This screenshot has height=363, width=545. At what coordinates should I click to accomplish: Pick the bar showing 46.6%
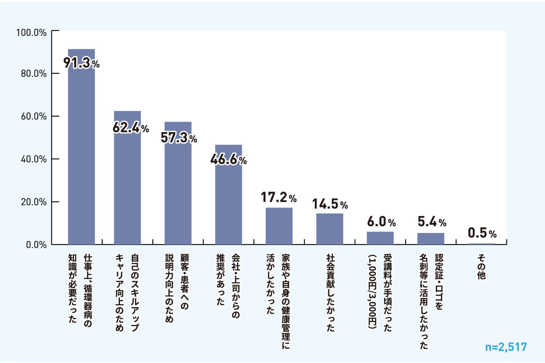point(229,202)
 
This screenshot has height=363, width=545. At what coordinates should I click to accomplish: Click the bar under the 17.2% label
point(279,226)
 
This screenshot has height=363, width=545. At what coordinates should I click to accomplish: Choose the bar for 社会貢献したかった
point(330,229)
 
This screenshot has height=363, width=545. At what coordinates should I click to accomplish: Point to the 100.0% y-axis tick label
point(32,33)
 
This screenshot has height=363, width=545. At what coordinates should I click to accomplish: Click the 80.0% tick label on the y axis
point(34,73)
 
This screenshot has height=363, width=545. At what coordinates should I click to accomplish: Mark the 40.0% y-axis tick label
point(34,159)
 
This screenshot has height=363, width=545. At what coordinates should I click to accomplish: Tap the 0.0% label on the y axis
point(36,245)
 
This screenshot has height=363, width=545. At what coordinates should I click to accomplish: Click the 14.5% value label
point(330,204)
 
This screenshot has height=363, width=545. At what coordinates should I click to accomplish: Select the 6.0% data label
point(381,222)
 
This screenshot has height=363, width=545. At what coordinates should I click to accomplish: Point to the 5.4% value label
point(432,222)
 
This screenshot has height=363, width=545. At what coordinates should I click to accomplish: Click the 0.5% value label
point(482,233)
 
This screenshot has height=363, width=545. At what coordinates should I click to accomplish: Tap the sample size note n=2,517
point(506,347)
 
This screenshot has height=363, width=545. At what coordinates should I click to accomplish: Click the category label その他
point(481,267)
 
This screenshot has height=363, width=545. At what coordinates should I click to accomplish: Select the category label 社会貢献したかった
point(331,293)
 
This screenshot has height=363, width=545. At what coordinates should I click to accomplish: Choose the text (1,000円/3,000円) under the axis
point(372,292)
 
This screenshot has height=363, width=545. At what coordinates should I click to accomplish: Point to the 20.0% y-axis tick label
point(34,202)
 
